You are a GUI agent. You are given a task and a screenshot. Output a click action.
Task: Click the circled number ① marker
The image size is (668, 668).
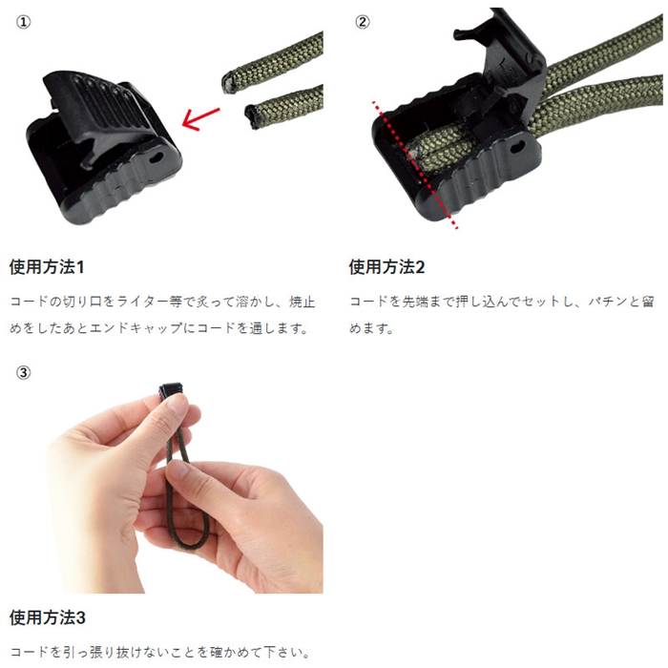24,22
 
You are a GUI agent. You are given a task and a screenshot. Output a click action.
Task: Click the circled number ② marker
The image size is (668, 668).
362,22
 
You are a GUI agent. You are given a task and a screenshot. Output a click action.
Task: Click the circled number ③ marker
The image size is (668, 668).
24,373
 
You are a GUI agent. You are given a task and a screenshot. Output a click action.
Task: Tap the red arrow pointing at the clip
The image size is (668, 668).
200,119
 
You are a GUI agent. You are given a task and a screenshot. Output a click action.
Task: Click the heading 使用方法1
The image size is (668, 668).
47,267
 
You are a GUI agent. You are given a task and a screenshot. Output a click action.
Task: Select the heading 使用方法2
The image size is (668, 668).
386,267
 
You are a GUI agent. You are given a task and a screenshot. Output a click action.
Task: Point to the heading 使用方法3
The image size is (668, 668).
48,617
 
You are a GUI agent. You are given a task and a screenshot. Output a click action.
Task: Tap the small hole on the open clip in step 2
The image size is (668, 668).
517,147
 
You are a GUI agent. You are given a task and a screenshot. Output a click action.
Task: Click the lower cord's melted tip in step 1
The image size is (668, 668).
253,116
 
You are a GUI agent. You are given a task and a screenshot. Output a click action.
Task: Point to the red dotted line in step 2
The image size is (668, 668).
415,165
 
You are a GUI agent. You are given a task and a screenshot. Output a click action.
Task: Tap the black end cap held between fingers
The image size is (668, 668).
171,391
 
